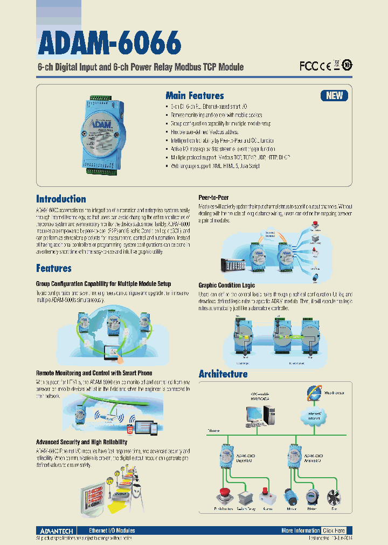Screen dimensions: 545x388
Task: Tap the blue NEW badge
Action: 334,95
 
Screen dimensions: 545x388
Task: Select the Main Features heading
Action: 195,95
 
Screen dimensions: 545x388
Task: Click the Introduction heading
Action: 61,199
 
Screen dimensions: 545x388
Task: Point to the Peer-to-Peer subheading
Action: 213,198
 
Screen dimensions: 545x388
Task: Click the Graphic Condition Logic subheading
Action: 226,285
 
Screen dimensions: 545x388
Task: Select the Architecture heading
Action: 223,374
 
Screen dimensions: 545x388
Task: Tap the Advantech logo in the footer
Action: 57,530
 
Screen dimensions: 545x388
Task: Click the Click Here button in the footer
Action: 334,530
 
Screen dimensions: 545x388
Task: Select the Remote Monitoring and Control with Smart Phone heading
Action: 94,373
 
